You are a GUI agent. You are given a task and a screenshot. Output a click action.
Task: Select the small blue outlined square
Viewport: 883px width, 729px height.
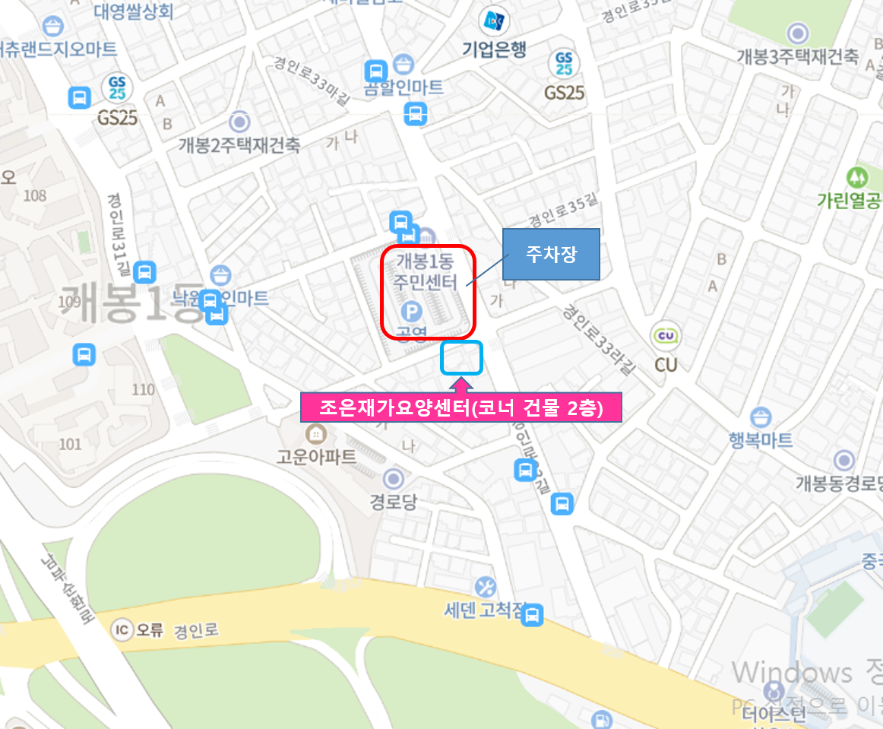point(461,357)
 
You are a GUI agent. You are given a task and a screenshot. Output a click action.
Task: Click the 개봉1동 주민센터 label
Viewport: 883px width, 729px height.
point(424,273)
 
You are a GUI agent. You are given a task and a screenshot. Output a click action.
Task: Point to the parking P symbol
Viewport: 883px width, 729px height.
point(411,311)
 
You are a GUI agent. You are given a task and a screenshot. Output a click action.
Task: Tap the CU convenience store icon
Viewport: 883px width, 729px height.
point(666,335)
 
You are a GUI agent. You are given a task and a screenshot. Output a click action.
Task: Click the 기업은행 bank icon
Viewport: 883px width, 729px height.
point(493,21)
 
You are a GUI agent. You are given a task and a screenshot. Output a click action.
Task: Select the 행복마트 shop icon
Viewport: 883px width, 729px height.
point(761,417)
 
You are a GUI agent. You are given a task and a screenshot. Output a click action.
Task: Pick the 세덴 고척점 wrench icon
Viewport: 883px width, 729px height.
point(485,587)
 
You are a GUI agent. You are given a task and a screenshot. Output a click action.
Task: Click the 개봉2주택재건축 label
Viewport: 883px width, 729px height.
point(239,144)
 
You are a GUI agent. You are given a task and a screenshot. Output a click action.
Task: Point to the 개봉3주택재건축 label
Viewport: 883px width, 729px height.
point(797,56)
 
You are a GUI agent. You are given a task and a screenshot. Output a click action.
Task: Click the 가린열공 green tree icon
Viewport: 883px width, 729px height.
point(859,176)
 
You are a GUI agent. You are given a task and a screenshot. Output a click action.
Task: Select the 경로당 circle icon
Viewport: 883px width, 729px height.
point(394,479)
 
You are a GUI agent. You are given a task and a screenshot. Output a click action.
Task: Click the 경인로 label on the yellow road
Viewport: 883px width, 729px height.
point(195,630)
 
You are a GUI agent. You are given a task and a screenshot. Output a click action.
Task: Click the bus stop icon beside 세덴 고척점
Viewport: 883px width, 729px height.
point(534,614)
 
